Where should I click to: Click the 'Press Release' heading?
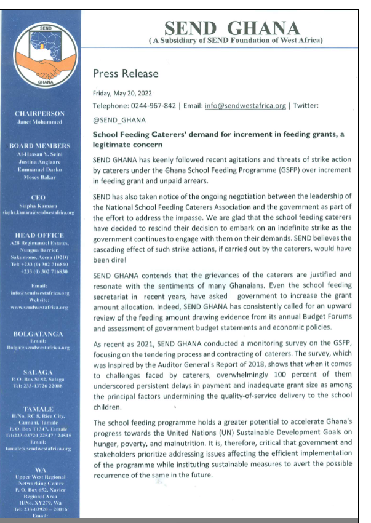coord(125,74)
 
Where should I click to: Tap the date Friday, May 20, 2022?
coord(122,94)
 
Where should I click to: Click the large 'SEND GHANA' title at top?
coord(232,28)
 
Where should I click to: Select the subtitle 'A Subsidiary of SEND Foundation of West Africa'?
coord(236,41)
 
